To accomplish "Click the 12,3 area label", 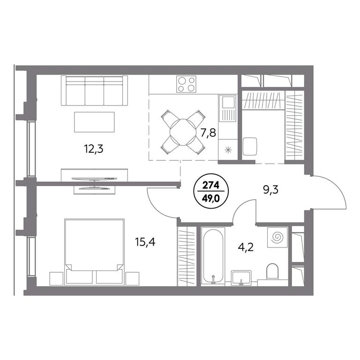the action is click(94, 150).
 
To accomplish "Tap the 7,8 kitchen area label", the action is click(208, 133).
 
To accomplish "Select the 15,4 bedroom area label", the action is click(145, 242).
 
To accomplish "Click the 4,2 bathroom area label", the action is click(246, 247).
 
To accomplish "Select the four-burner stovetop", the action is click(186, 84).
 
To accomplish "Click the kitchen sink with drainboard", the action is click(227, 108).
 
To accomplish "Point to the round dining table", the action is click(182, 132).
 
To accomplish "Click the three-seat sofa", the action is click(94, 90).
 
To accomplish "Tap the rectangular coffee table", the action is click(94, 122).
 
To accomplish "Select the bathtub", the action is click(213, 256).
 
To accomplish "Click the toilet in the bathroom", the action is click(272, 271).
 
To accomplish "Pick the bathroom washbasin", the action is click(241, 278).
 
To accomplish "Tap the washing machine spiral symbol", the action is click(277, 237).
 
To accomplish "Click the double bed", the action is click(94, 252).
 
